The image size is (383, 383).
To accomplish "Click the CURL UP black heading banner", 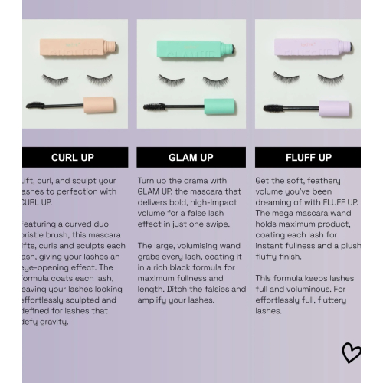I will click(x=73, y=157).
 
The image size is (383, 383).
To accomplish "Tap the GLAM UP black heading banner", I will click(x=191, y=157).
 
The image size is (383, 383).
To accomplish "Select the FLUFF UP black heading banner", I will click(x=308, y=157).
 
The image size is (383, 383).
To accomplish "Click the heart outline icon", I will click(x=351, y=352).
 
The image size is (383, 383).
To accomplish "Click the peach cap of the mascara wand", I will click(x=99, y=105).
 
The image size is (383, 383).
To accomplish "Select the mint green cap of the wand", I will click(x=221, y=106).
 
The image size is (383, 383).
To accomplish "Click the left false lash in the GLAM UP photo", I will click(x=172, y=79).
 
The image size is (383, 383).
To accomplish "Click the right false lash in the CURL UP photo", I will click(x=100, y=78).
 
